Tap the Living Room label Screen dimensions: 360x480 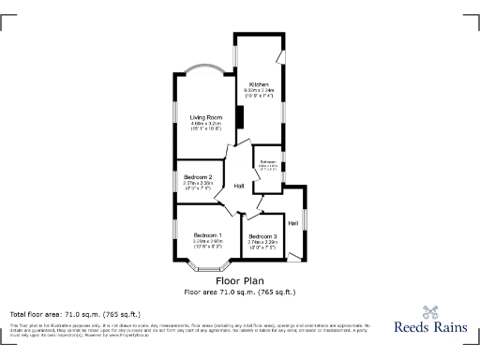[x=204, y=117]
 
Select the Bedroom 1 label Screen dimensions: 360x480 [x=207, y=234]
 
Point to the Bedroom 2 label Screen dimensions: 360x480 [x=198, y=177]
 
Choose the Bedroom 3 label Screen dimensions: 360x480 [x=262, y=235]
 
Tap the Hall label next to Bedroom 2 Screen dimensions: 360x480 [x=240, y=185]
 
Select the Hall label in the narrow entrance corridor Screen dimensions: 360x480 [x=293, y=222]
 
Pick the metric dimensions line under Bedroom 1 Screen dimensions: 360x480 [x=207, y=241]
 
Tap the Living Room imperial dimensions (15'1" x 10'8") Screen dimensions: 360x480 [x=204, y=129]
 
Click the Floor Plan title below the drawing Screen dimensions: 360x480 [x=239, y=280]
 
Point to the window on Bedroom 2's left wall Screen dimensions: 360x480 [x=173, y=180]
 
